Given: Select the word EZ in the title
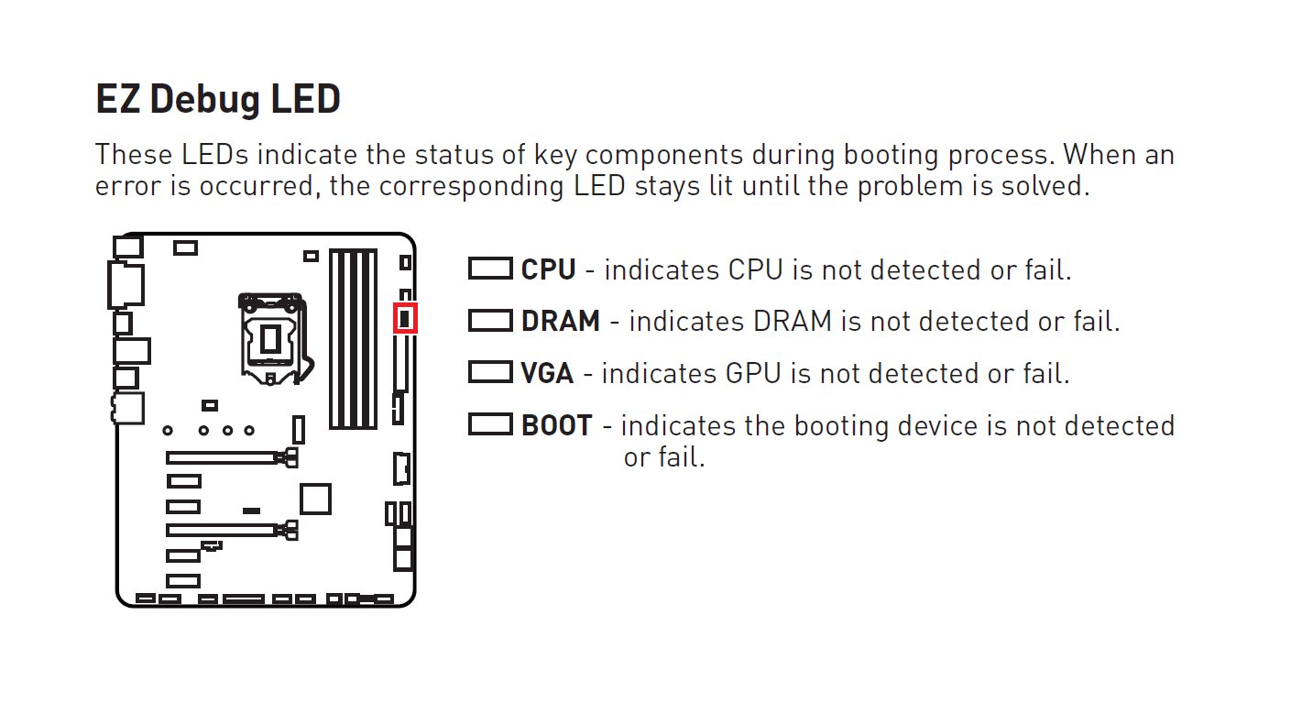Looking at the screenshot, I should coord(117,99).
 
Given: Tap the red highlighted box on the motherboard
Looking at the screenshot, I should coord(405,317).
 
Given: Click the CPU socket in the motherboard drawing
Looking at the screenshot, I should coord(272,338).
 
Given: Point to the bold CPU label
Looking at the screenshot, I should coord(548,269).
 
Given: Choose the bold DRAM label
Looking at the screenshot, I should coord(560,321).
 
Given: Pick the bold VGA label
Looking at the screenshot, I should coord(547,373).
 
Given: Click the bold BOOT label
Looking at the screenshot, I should coord(556,425).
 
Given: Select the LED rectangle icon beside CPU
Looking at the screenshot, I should coord(490,269).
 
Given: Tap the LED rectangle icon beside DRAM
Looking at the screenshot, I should coord(490,320).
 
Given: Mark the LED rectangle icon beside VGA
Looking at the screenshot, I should coord(490,372).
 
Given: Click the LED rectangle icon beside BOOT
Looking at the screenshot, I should coord(490,424).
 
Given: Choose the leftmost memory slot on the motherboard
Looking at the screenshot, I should coord(336,340).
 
